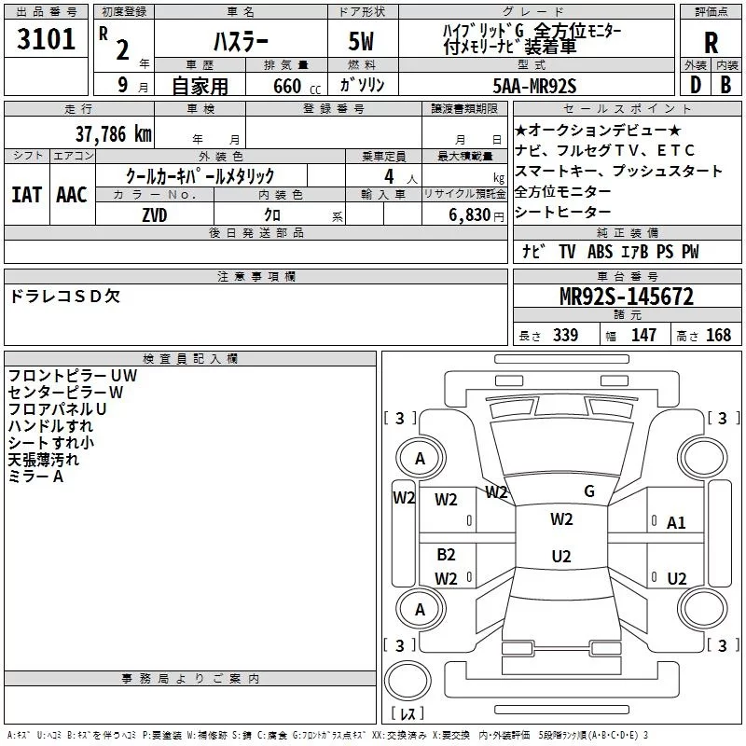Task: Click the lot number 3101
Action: point(46,41)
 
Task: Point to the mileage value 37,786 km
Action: point(113,133)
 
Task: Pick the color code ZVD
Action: point(154,215)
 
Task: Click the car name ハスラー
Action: point(241,42)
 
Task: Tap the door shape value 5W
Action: point(362,42)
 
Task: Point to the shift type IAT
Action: point(26,195)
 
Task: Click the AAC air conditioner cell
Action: point(71,195)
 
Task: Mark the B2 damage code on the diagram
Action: point(446,555)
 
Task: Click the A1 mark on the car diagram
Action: point(676,523)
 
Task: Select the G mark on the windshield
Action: point(588,491)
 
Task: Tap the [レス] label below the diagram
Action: point(408,715)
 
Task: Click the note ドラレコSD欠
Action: point(64,297)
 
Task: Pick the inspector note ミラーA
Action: point(35,477)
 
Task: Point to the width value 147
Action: point(643,336)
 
